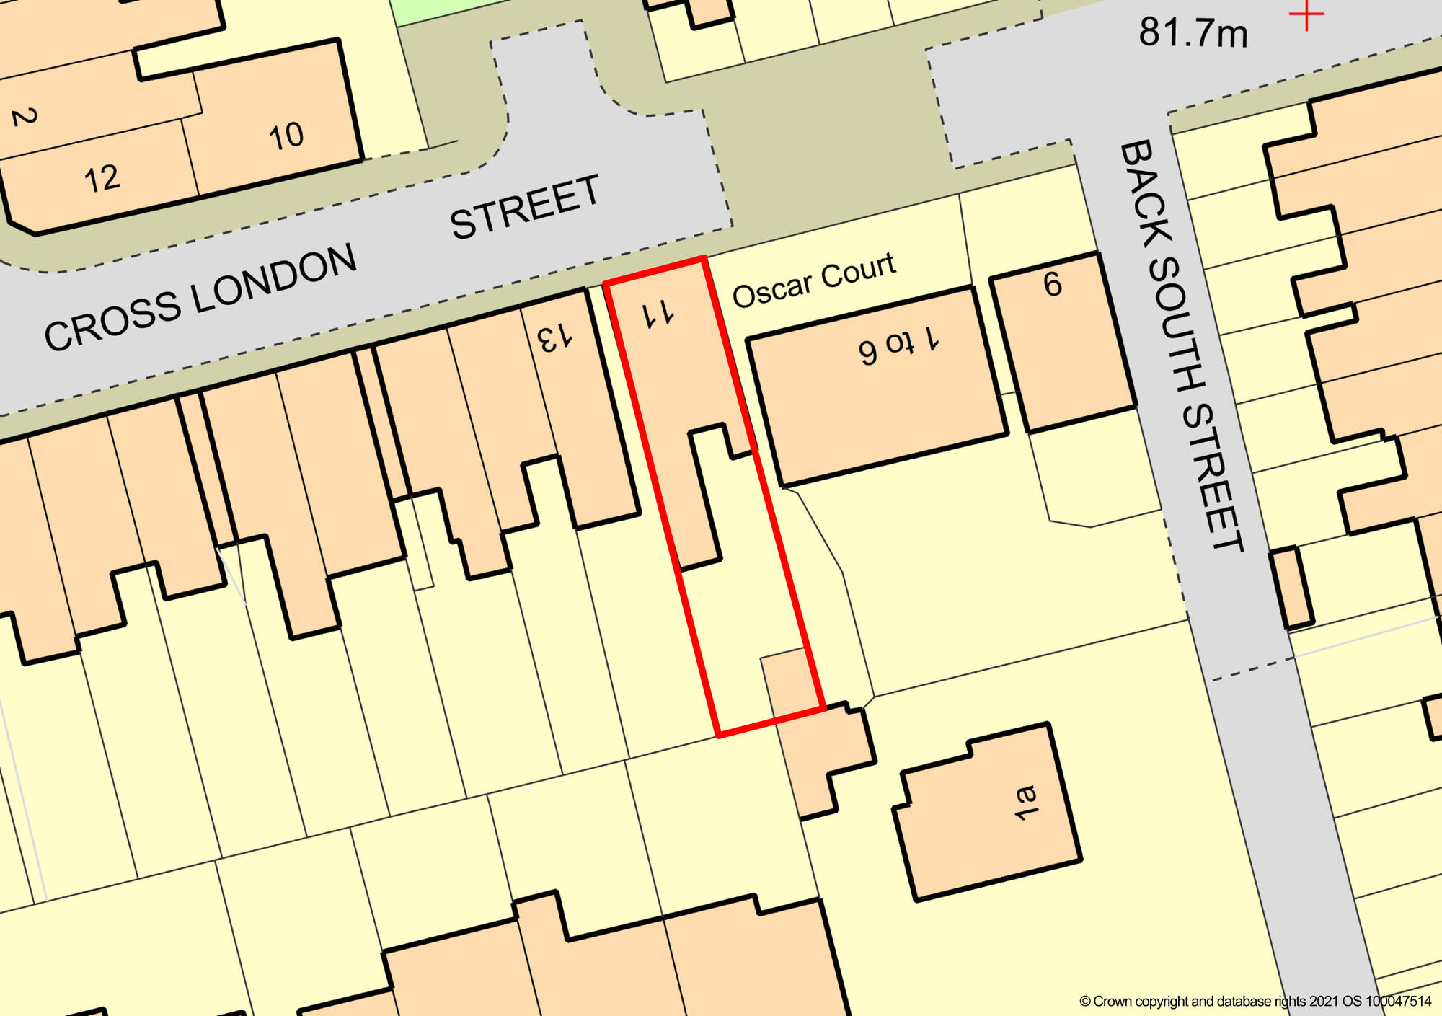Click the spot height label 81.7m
[x=1193, y=33]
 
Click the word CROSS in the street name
[x=111, y=322]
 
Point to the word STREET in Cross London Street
[x=525, y=207]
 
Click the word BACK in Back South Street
[x=1146, y=191]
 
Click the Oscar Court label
[x=814, y=280]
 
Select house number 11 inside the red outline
[x=658, y=314]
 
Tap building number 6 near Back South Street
[x=1053, y=285]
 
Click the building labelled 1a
[x=1025, y=803]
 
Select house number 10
[x=286, y=136]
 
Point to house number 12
[x=101, y=179]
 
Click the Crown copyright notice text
[x=1255, y=1002]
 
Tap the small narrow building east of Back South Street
[x=1291, y=588]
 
